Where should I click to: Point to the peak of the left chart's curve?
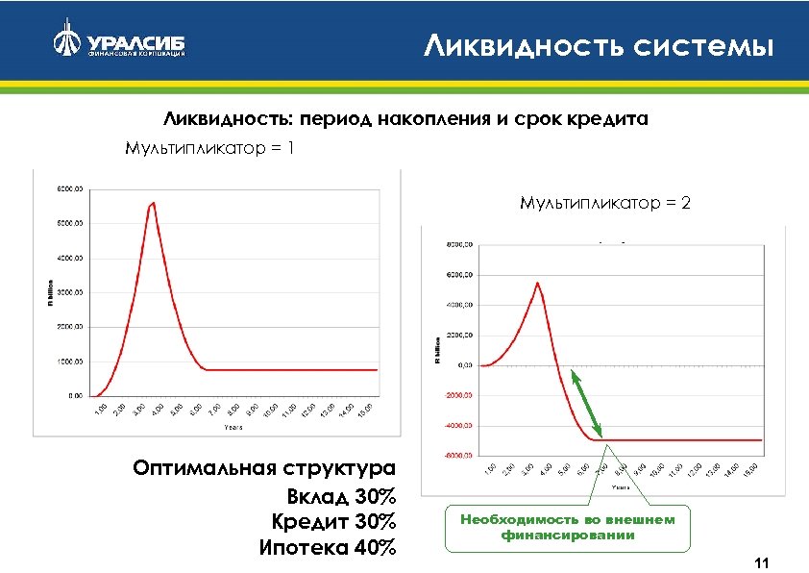click(x=152, y=203)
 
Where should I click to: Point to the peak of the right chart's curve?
click(x=538, y=283)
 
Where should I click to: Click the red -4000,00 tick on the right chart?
click(x=456, y=426)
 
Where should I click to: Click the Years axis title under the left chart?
click(x=233, y=426)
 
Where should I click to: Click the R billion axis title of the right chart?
click(x=436, y=351)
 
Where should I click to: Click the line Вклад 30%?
click(x=341, y=497)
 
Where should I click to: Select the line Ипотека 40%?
click(x=328, y=548)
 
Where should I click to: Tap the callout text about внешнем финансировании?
click(x=568, y=527)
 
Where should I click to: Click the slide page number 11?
click(x=765, y=562)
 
